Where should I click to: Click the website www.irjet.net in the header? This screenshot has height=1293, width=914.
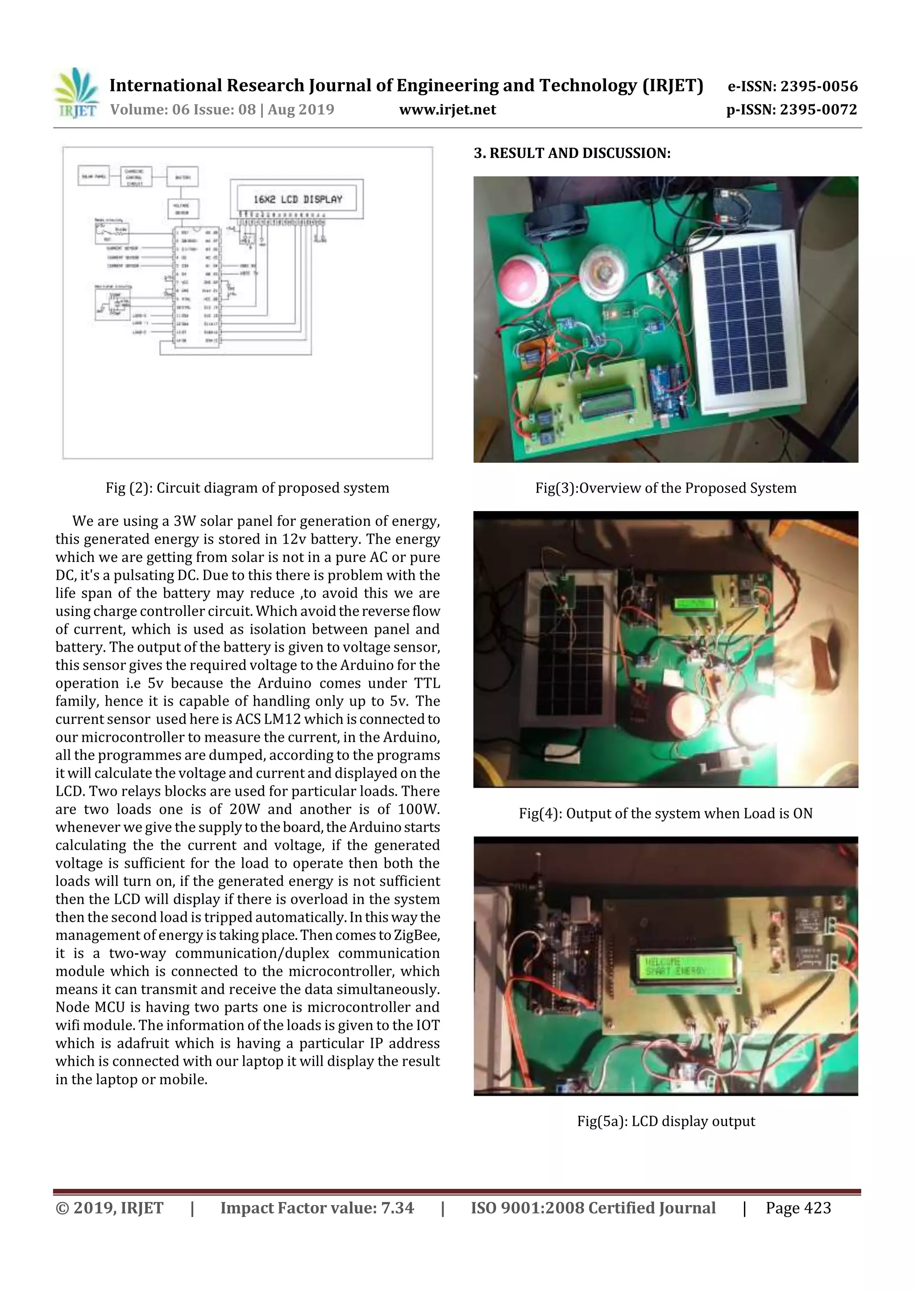tap(447, 110)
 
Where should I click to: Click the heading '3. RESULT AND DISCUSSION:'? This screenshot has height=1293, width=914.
tap(572, 153)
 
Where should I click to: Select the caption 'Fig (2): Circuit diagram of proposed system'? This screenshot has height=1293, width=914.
tap(247, 488)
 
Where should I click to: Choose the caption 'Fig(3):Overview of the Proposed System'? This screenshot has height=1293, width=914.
tap(666, 488)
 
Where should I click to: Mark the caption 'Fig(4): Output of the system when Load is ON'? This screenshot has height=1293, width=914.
tap(666, 813)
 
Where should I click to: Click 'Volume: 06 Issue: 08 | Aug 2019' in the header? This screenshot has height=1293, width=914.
tap(222, 110)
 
